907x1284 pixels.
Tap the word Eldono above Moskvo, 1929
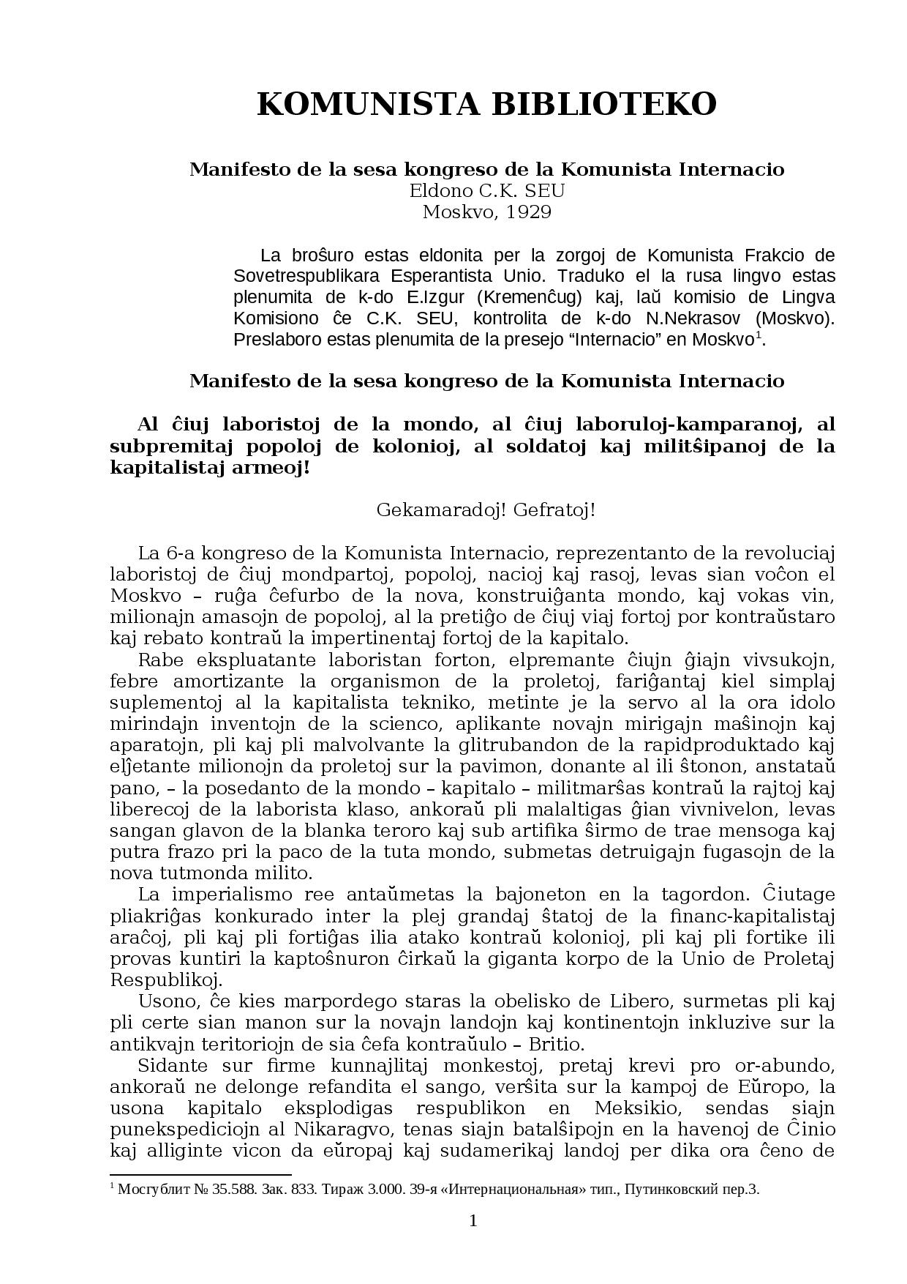[440, 191]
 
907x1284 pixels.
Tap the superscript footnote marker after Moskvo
[759, 336]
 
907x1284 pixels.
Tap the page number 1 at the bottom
[473, 1221]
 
